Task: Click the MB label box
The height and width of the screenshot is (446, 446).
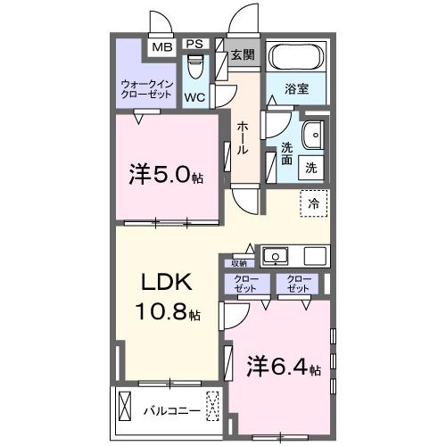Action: tap(161, 47)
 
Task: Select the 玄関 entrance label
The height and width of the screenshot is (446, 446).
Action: tap(243, 54)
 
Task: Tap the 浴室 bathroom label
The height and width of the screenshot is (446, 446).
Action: tap(297, 90)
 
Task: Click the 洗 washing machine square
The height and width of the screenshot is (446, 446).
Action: tap(312, 166)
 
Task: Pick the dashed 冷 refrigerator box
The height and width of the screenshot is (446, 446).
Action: tap(313, 202)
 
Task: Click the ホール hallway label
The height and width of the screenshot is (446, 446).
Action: tap(243, 138)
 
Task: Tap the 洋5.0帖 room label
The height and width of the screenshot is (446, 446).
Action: tap(166, 175)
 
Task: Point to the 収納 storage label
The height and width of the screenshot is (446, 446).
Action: tap(238, 263)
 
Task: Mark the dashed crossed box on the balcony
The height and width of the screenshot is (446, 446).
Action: tap(212, 406)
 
